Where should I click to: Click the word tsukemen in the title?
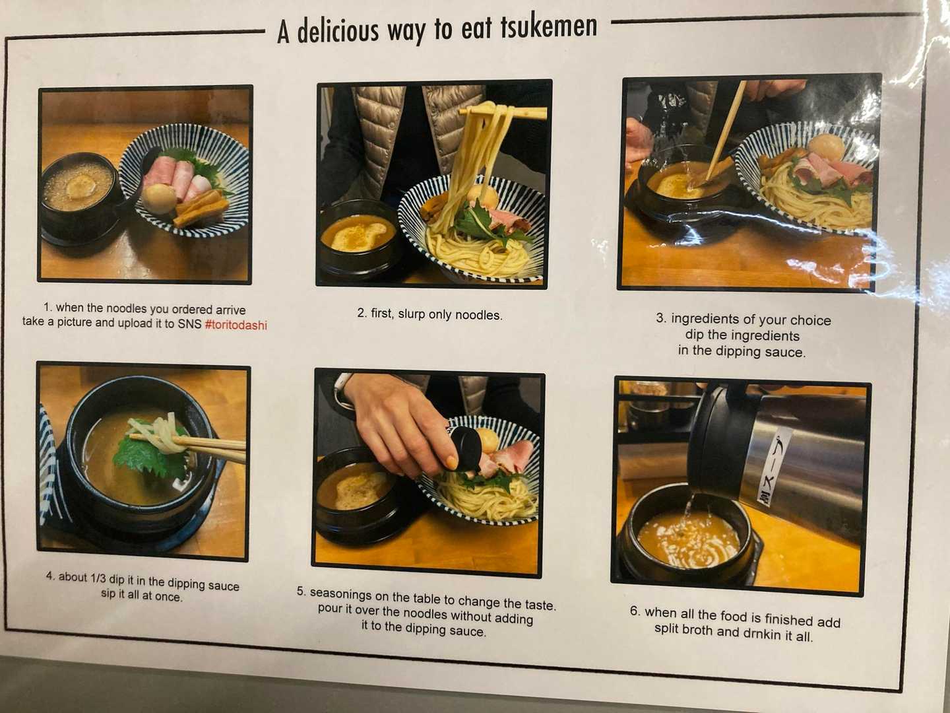point(549,26)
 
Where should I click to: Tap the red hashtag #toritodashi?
point(236,325)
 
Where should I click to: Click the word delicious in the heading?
point(338,31)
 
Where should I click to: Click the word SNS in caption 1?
point(189,323)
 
